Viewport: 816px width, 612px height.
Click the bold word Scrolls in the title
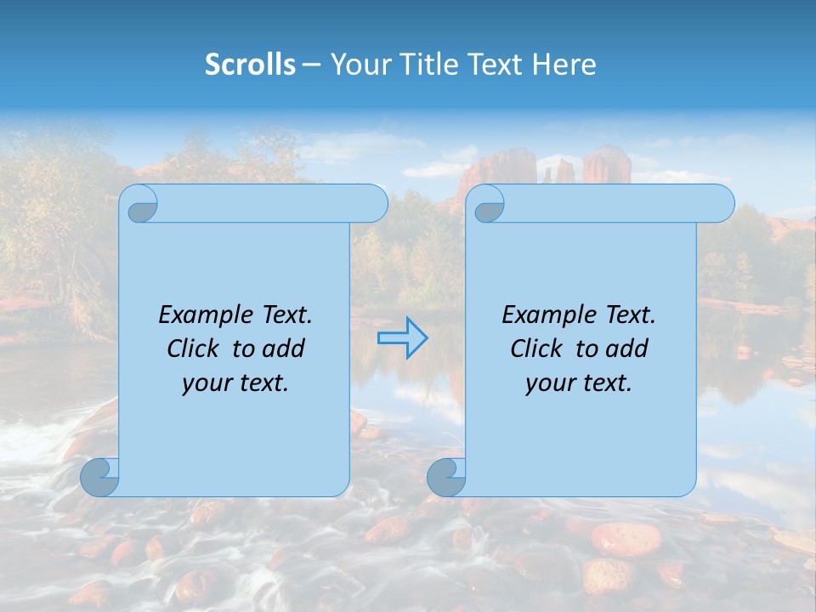click(x=250, y=65)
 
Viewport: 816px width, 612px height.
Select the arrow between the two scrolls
click(x=402, y=338)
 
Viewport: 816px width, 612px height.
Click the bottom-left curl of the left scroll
click(x=99, y=477)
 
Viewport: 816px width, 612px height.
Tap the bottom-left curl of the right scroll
click(x=446, y=477)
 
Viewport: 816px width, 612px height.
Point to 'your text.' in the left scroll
click(x=235, y=383)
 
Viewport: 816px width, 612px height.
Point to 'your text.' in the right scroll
click(x=579, y=383)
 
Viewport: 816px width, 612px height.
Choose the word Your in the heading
click(x=358, y=65)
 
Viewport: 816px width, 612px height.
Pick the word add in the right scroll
click(x=628, y=349)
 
